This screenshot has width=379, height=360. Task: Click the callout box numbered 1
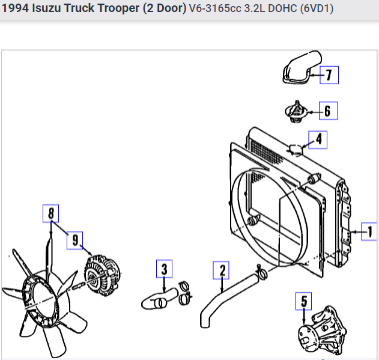tap(369, 231)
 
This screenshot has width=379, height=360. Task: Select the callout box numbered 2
tap(221, 270)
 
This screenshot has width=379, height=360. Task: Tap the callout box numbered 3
tap(165, 269)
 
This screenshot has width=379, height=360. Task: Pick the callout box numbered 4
tap(318, 140)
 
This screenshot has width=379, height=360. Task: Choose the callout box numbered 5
tap(303, 301)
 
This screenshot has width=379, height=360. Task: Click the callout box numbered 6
tap(329, 111)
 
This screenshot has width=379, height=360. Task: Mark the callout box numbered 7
tap(329, 75)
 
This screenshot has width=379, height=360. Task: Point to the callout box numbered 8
tap(51, 213)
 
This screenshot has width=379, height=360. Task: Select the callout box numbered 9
tap(75, 240)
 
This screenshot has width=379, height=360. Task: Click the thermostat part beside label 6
tap(296, 112)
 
